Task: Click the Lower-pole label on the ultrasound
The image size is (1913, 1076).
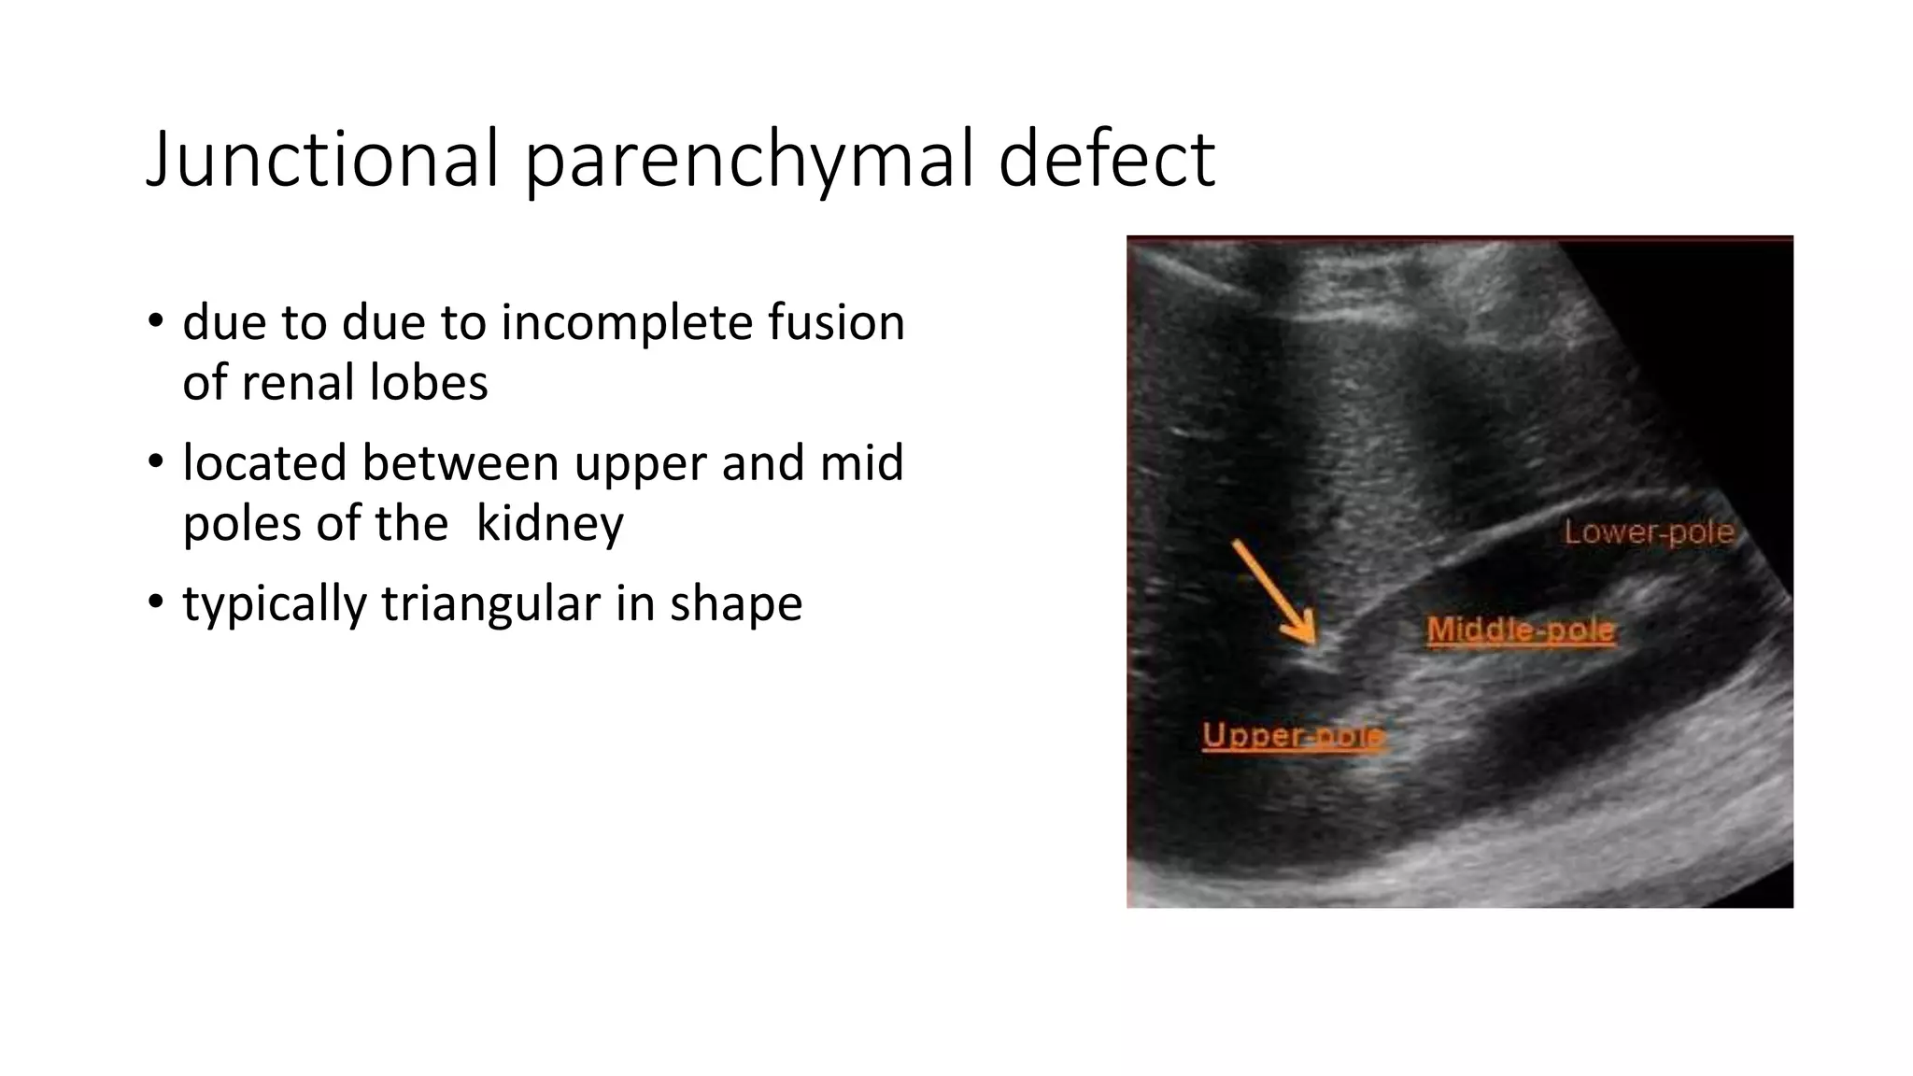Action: [x=1649, y=532]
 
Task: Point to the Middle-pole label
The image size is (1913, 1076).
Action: [x=1521, y=630]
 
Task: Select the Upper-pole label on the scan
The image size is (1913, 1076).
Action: [x=1293, y=736]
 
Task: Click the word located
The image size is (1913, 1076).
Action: [x=265, y=463]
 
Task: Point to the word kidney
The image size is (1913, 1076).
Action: [x=549, y=524]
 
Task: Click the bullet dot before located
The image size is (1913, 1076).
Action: [x=155, y=461]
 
